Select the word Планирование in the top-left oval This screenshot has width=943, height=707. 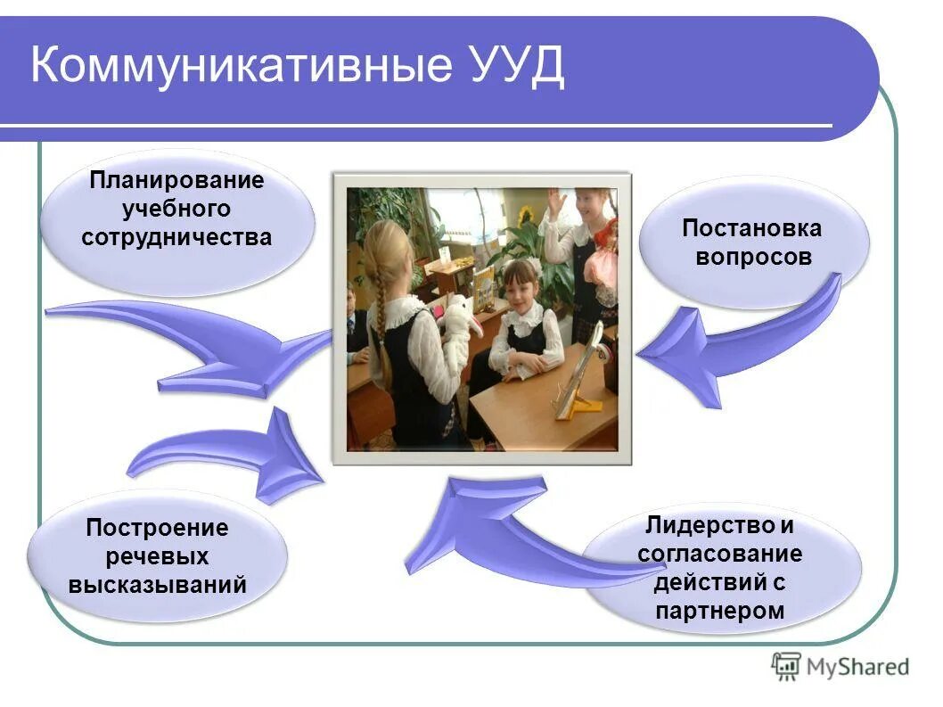pyautogui.click(x=176, y=180)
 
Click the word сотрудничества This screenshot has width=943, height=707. pyautogui.click(x=176, y=238)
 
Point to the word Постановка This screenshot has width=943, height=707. pyautogui.click(x=751, y=228)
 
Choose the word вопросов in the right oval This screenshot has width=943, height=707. pyautogui.click(x=751, y=258)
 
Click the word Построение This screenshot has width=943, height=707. pyautogui.click(x=157, y=528)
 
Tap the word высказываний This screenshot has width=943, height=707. pyautogui.click(x=157, y=586)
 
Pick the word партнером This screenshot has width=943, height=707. pyautogui.click(x=719, y=611)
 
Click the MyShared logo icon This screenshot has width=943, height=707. pyautogui.click(x=785, y=666)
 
